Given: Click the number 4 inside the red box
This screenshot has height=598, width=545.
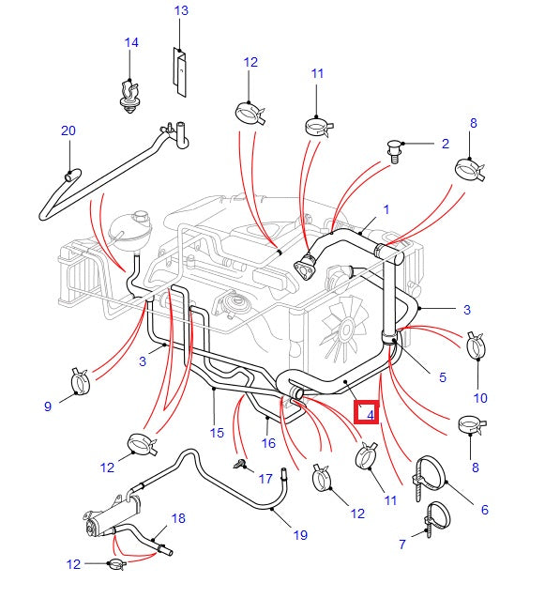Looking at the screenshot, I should tap(370, 413).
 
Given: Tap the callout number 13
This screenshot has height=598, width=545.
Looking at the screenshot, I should tap(181, 10).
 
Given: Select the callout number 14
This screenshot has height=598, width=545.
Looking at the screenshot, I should tap(131, 43).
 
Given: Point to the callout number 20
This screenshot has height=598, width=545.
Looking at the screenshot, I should tap(68, 130).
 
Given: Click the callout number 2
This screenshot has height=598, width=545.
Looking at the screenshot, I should tap(445, 144).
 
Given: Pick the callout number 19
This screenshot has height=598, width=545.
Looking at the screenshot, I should tap(299, 535).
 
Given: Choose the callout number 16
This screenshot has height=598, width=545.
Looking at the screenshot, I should tap(268, 443).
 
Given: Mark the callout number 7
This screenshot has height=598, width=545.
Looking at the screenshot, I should tap(401, 544).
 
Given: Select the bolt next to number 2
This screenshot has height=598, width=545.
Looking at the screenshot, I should tap(395, 149).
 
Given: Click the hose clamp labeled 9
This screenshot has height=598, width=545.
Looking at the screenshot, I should tap(83, 380).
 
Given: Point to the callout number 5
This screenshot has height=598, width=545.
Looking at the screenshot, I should tap(443, 377).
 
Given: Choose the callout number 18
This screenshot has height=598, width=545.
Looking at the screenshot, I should tap(178, 517).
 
